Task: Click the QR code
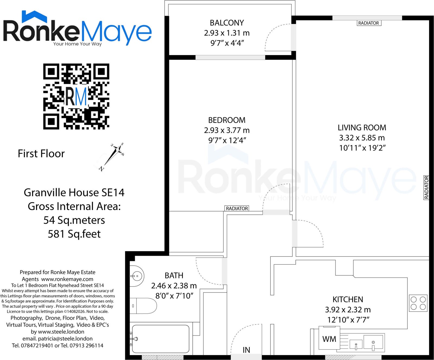[x=76, y=97]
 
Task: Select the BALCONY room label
[x=227, y=23]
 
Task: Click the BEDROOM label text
[x=227, y=120]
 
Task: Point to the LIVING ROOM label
[x=362, y=127]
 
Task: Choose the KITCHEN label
[x=348, y=299]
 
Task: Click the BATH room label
[x=174, y=275]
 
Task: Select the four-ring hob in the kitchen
[x=418, y=303]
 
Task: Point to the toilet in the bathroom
[x=143, y=306]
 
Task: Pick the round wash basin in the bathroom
[x=137, y=276]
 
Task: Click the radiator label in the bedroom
[x=237, y=208]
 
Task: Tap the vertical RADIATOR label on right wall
[x=426, y=187]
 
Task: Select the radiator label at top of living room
[x=369, y=23]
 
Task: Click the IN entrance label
[x=246, y=350]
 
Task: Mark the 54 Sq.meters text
[x=74, y=220]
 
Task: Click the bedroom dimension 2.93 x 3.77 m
[x=227, y=130]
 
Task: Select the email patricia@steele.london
[x=65, y=339]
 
